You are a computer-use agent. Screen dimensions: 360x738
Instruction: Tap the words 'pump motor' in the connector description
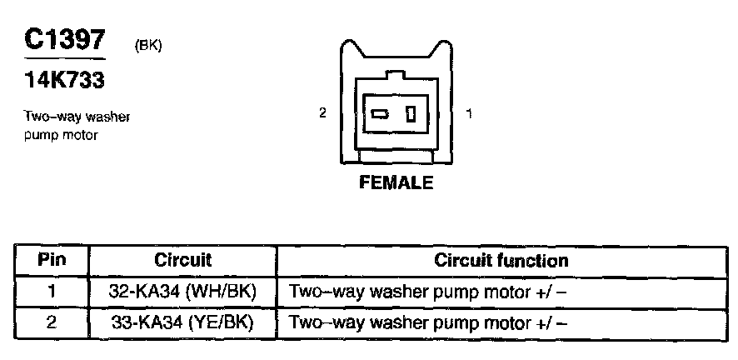pos(62,134)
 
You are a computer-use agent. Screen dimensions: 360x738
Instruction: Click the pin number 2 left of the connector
pos(322,113)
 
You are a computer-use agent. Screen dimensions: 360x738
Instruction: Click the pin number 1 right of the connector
pos(470,113)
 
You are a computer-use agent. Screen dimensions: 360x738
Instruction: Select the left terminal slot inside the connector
pos(380,114)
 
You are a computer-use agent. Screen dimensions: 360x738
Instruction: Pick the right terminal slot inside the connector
pos(410,114)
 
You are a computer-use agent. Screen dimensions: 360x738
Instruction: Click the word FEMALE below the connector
pos(396,183)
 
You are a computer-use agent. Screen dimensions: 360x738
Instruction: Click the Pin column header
pos(52,261)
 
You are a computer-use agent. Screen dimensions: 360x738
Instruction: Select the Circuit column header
pos(182,261)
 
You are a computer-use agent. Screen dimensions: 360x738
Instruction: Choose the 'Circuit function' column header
pos(501,261)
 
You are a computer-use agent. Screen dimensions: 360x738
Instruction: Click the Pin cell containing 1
pos(52,292)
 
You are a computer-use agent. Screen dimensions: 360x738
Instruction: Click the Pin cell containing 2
pos(52,323)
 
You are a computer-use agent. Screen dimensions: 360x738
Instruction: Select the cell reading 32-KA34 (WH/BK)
pos(182,292)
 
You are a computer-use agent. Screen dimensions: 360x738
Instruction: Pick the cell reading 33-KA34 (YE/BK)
pos(182,323)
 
